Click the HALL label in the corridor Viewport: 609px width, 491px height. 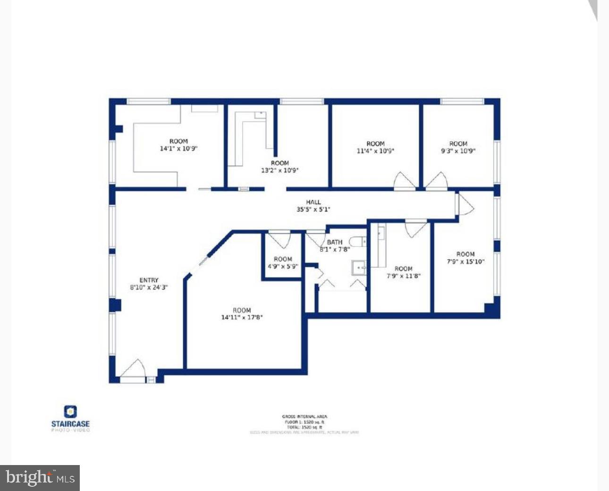click(x=313, y=202)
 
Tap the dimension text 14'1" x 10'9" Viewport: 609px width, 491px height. click(x=178, y=148)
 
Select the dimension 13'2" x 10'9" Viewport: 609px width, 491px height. click(x=280, y=170)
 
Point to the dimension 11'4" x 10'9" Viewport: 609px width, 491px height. click(x=375, y=151)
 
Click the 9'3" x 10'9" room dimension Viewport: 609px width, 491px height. click(x=458, y=151)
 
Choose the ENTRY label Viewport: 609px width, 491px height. click(x=149, y=280)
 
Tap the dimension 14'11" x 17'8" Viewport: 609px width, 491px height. click(x=242, y=317)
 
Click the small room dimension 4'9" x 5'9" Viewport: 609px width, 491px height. click(x=283, y=266)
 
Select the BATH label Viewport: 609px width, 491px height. click(x=335, y=242)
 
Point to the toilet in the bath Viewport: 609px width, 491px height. click(x=358, y=242)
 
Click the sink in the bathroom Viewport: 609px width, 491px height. click(x=359, y=268)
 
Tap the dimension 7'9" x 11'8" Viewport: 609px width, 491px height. click(x=403, y=276)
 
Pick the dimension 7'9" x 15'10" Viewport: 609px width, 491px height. click(x=465, y=262)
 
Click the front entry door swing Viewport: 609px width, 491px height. click(x=133, y=368)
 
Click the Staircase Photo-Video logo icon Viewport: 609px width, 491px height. click(x=70, y=412)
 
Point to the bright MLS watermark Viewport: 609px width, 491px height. click(x=40, y=478)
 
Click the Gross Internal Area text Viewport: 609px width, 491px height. click(x=304, y=416)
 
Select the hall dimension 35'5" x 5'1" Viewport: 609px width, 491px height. click(x=313, y=209)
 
